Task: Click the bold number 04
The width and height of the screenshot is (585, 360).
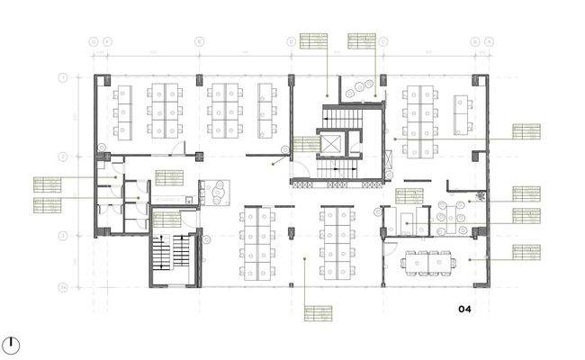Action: (464, 310)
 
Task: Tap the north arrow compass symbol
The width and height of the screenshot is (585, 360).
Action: (13, 343)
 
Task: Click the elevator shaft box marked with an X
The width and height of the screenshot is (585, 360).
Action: (331, 143)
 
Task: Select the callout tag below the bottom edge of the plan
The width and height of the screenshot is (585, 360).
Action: (317, 315)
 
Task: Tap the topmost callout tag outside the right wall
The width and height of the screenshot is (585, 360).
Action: (527, 132)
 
